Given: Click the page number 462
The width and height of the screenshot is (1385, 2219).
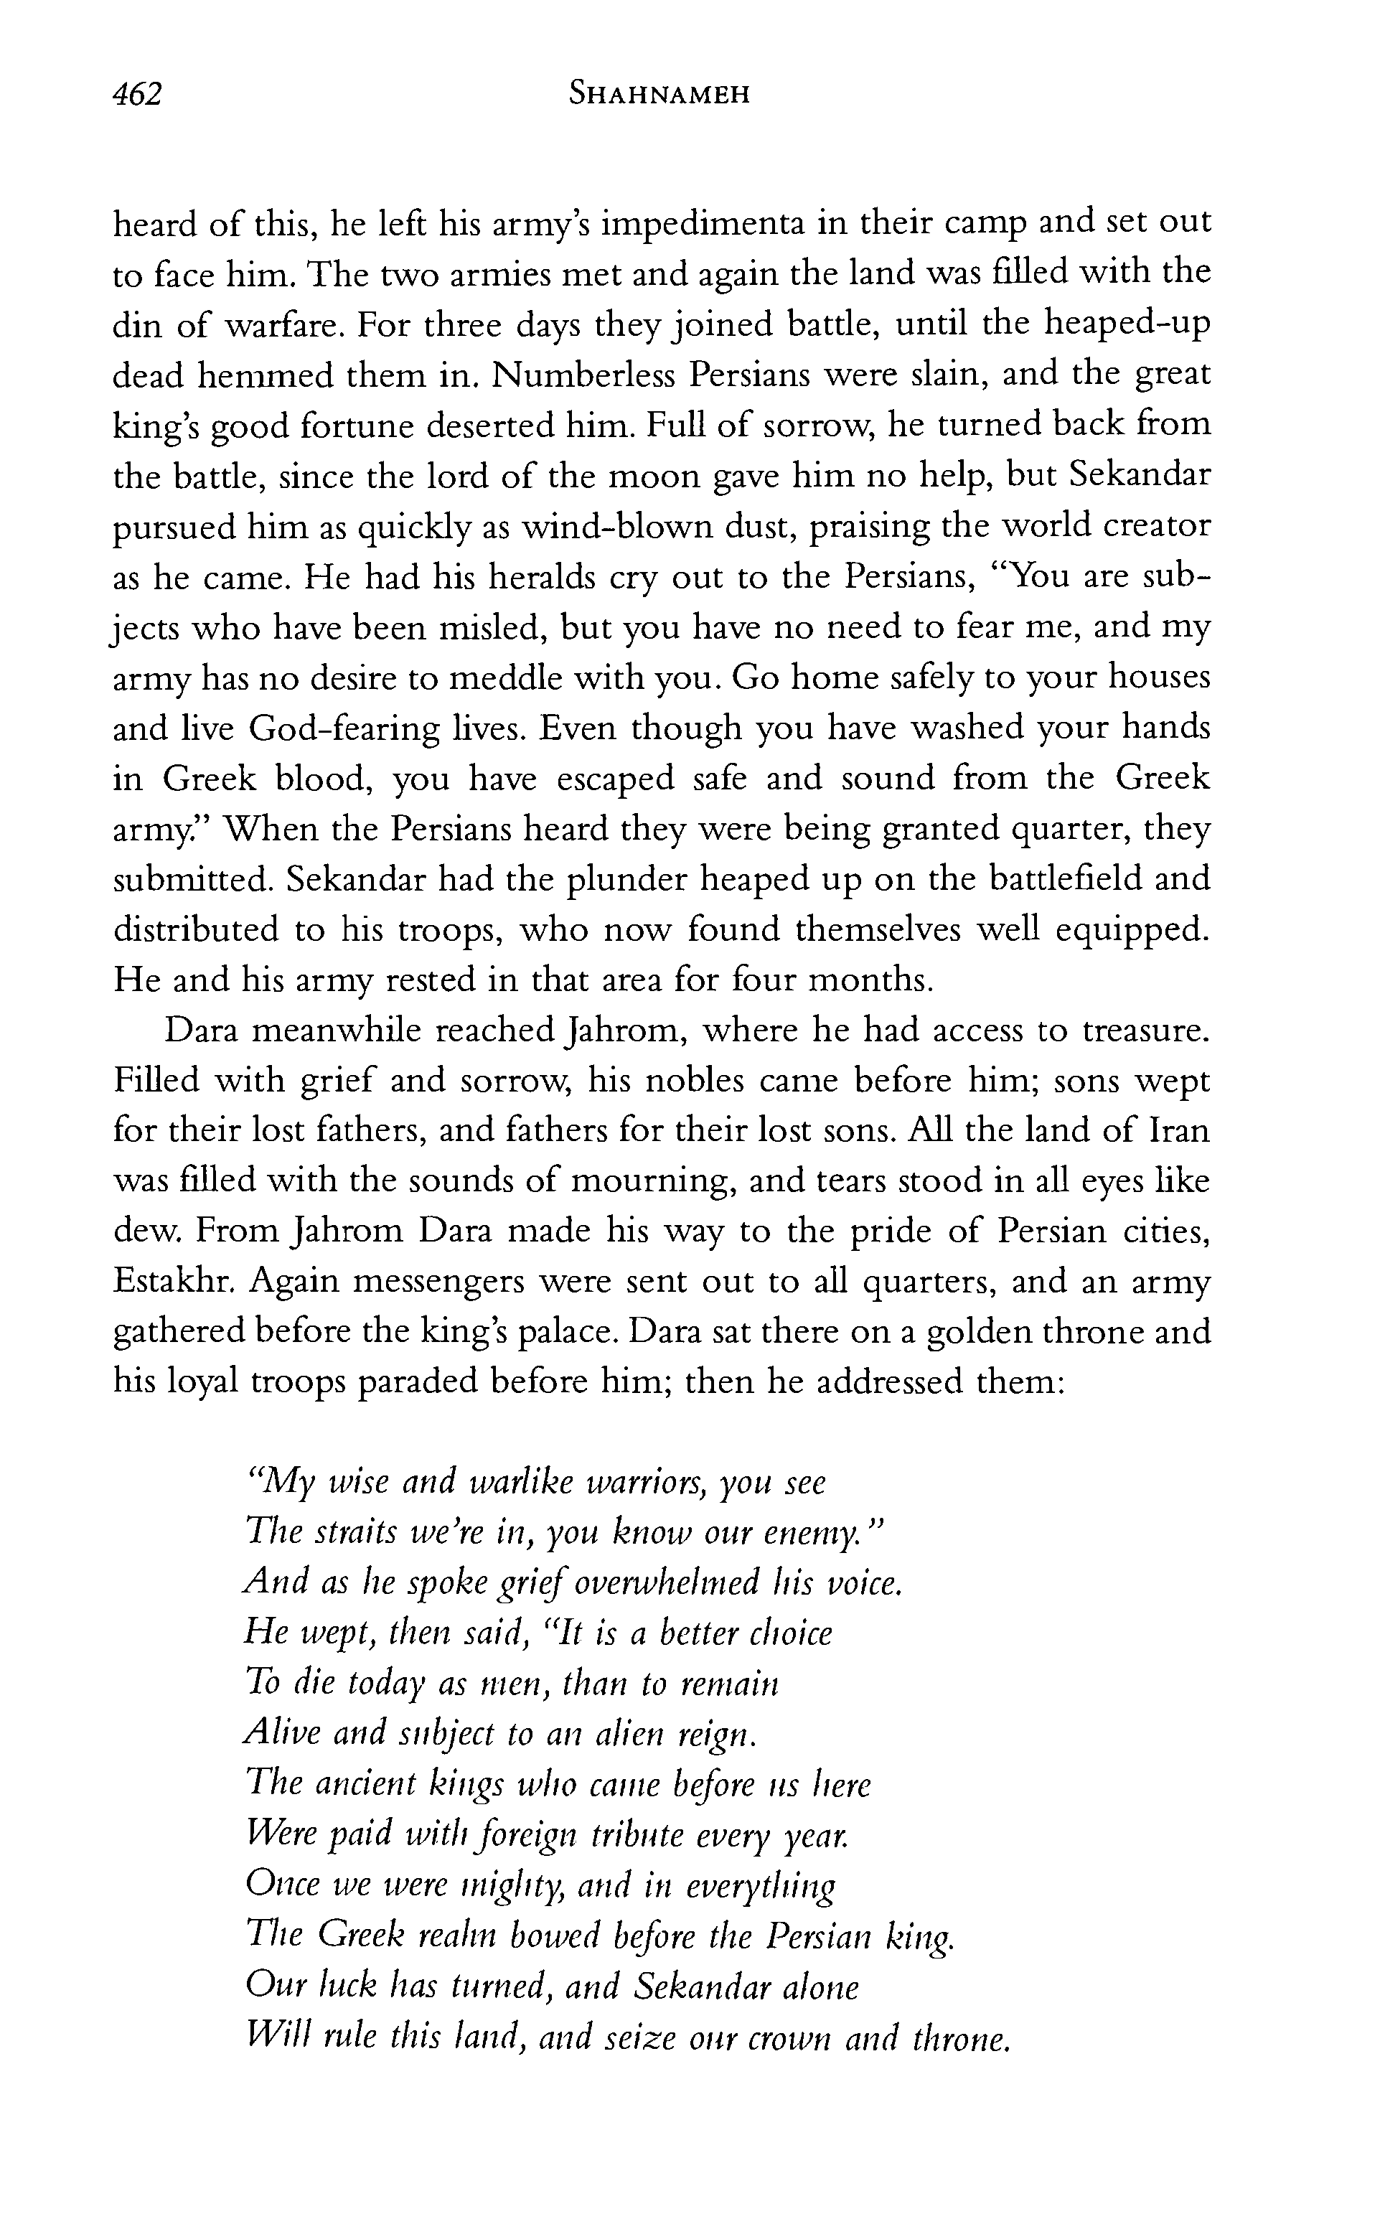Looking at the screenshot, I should point(136,93).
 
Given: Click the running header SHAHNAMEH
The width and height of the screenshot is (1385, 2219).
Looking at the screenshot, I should point(659,93).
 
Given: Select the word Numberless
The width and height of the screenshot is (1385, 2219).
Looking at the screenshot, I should point(582,375).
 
